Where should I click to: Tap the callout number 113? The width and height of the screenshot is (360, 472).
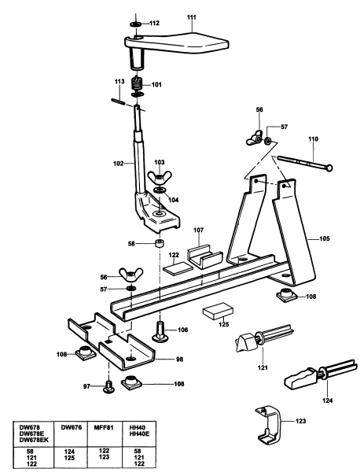click(x=120, y=82)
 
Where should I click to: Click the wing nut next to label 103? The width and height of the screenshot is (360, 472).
click(x=159, y=176)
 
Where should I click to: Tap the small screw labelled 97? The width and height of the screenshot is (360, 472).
click(x=109, y=386)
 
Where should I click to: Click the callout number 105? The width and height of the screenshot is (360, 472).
click(x=325, y=234)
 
